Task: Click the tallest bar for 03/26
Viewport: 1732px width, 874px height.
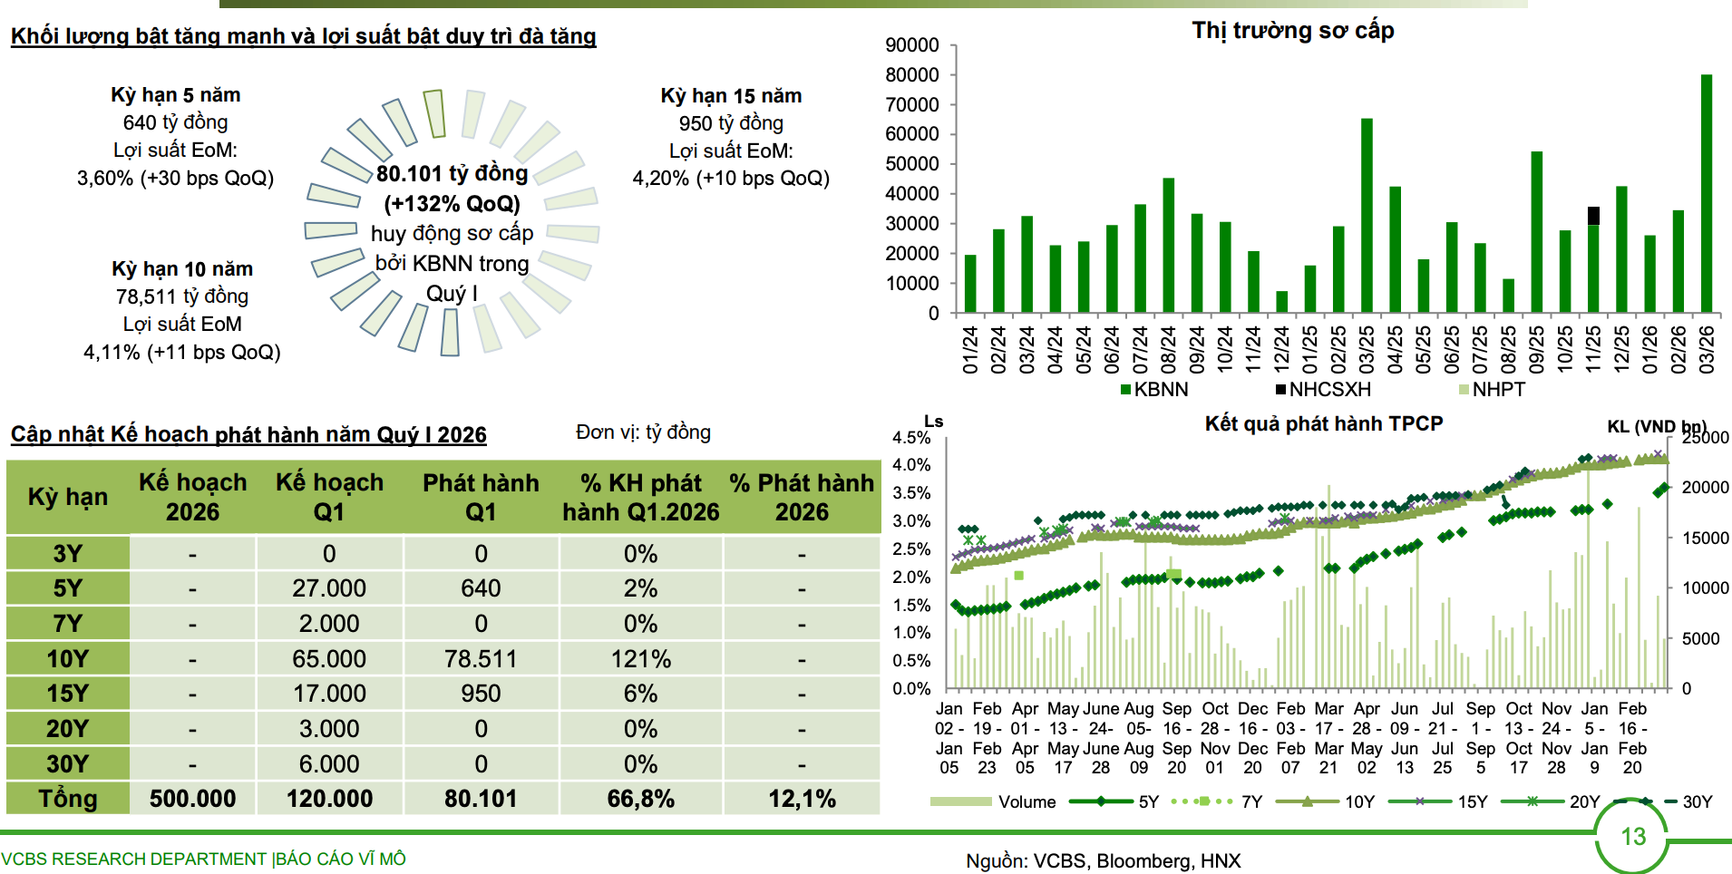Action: coord(1706,194)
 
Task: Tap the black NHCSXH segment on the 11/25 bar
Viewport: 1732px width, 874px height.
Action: coord(1593,216)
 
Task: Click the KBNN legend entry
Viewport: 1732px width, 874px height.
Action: coord(1153,390)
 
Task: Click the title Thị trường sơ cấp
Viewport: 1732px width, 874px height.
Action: coord(1292,31)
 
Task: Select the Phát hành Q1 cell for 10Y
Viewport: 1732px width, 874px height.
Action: coord(481,659)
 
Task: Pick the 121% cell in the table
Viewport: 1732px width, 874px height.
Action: coord(640,659)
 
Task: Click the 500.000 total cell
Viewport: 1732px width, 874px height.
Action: coord(192,799)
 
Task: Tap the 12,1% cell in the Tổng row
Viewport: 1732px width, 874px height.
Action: coord(802,799)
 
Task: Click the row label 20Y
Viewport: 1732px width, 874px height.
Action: coord(68,729)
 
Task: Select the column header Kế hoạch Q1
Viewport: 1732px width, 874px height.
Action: coord(329,497)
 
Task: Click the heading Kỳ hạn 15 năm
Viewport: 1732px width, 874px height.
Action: coord(731,96)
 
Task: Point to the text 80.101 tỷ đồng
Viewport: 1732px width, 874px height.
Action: coord(452,173)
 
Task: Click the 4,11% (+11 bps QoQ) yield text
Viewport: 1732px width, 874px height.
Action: coord(181,352)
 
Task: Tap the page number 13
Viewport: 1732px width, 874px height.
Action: coord(1633,837)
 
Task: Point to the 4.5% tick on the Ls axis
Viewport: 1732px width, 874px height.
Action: coord(911,438)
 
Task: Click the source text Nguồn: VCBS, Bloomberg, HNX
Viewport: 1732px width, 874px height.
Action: coord(1103,861)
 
